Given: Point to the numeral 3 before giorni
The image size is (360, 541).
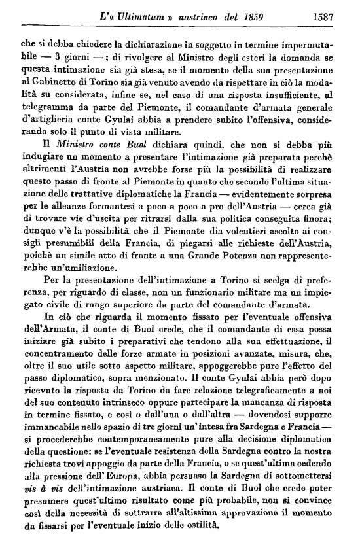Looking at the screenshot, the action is (x=58, y=56).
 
